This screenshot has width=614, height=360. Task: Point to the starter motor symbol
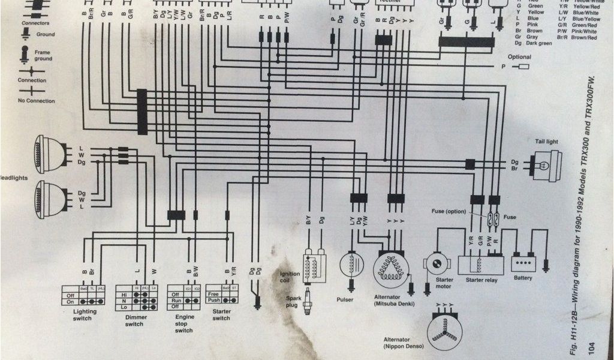pyautogui.click(x=437, y=262)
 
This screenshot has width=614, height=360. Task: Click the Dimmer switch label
pyautogui.click(x=134, y=320)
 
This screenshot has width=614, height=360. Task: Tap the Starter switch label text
pyautogui.click(x=221, y=315)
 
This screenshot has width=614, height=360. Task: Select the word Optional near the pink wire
pyautogui.click(x=519, y=57)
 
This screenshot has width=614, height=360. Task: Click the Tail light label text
pyautogui.click(x=546, y=142)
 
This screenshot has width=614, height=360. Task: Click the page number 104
pyautogui.click(x=592, y=346)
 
